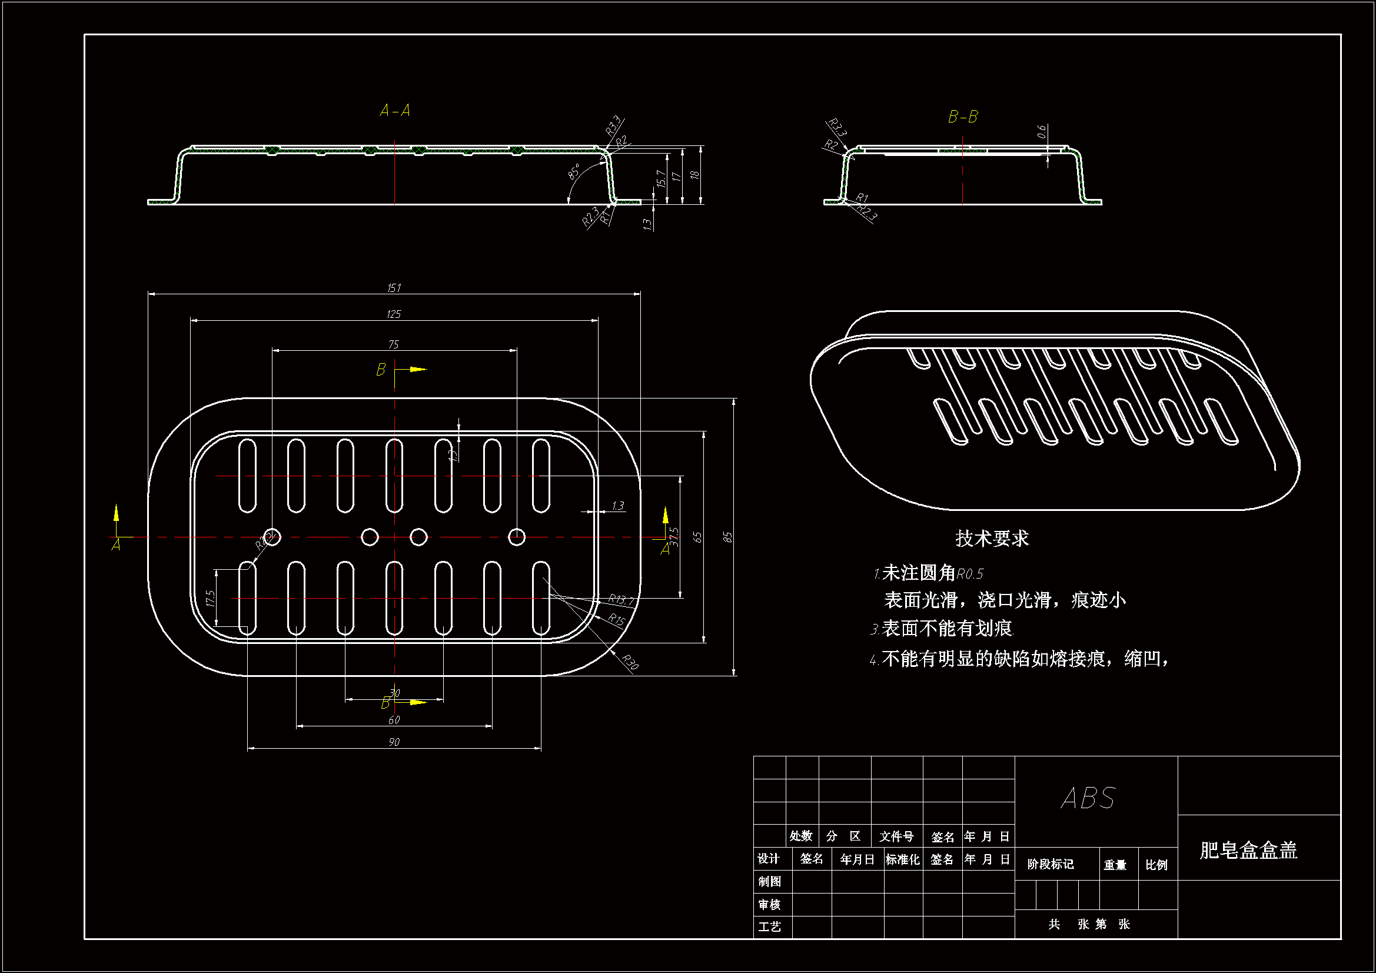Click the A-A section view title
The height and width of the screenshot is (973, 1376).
point(395,111)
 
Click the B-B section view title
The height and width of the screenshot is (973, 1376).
point(962,117)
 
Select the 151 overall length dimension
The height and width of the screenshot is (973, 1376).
point(394,288)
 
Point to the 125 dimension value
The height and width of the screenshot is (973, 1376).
point(394,314)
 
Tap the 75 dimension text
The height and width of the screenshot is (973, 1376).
point(393,344)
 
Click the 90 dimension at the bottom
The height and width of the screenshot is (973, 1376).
point(394,742)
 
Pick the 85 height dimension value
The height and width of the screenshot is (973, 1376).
point(727,537)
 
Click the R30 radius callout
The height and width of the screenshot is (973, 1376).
point(630,662)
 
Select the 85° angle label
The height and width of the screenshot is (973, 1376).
point(574,171)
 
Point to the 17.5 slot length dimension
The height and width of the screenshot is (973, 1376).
point(210,597)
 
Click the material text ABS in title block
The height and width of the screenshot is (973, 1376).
point(1088,799)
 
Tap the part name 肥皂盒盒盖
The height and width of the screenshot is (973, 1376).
point(1248,850)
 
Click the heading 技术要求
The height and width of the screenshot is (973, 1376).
point(992,539)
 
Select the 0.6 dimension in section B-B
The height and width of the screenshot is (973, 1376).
point(1042,131)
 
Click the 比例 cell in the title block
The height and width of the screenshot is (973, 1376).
point(1156,865)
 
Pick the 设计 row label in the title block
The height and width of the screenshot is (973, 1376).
point(768,858)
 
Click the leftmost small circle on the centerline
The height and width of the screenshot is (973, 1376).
point(272,537)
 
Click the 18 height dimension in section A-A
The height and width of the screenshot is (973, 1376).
point(694,175)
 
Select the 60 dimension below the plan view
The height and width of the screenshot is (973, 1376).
point(394,719)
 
